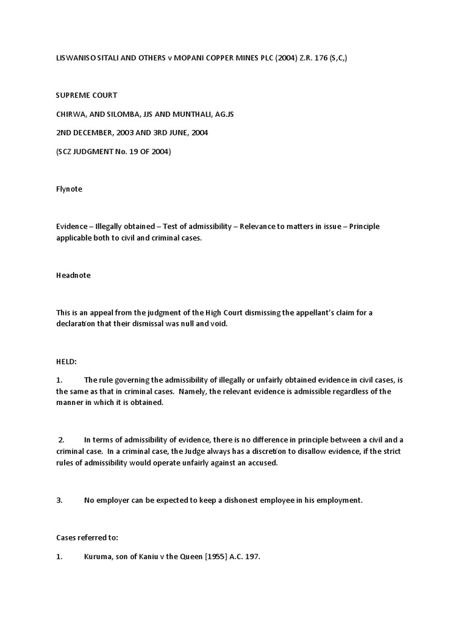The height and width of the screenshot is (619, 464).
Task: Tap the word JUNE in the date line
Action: pos(179,132)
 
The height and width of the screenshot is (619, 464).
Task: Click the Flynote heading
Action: pos(69,189)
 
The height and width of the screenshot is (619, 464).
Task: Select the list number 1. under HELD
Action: pos(59,380)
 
